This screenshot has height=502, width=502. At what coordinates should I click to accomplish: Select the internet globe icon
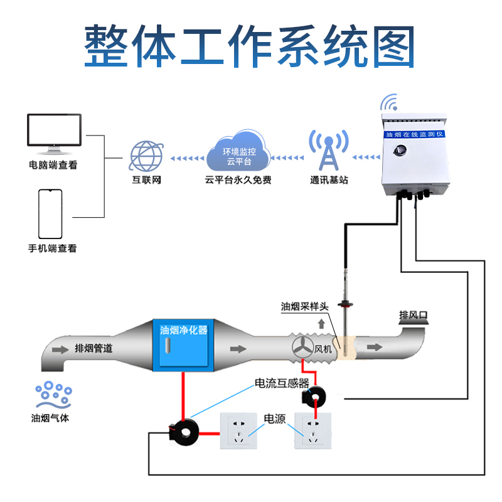pos(147,156)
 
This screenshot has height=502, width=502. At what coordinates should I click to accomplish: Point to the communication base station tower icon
pos(328,152)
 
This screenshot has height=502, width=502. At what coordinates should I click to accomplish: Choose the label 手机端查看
pos(53,248)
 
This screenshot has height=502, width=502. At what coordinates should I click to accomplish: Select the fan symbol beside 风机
pos(302,347)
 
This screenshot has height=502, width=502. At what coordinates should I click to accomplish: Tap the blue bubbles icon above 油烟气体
pos(53,394)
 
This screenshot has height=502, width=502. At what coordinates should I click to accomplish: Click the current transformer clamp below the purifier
pos(183,431)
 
